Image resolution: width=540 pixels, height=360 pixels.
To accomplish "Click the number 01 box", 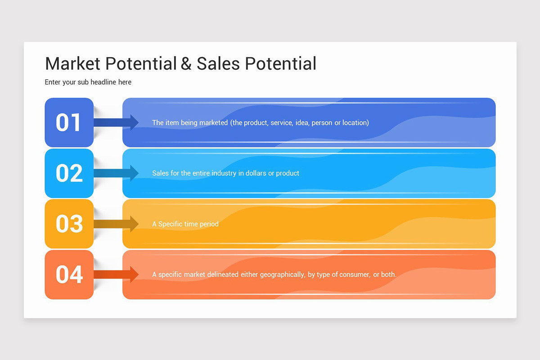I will (69, 122).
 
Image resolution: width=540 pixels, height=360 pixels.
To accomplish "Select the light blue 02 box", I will (69, 173).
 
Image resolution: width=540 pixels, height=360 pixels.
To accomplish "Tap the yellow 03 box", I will (69, 224).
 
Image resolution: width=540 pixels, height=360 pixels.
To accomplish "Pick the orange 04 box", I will (69, 274).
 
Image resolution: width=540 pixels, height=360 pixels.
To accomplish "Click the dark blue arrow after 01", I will (116, 122).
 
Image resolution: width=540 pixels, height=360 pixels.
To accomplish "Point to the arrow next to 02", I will (116, 173).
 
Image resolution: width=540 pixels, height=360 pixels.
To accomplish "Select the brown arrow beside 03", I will (116, 224).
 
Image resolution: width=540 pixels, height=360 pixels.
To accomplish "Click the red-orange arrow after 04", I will (116, 274).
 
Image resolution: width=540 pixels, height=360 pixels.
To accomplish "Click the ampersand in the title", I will (186, 64).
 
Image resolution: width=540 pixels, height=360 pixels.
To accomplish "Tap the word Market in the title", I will (73, 64).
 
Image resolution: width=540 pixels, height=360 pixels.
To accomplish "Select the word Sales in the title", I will (218, 64).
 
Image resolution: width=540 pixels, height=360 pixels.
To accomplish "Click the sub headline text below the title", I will (88, 82).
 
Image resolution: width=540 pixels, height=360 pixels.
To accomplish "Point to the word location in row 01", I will (355, 122).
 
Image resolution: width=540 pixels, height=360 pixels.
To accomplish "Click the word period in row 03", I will (208, 224).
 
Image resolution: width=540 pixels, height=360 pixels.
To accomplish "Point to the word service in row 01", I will (281, 122).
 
